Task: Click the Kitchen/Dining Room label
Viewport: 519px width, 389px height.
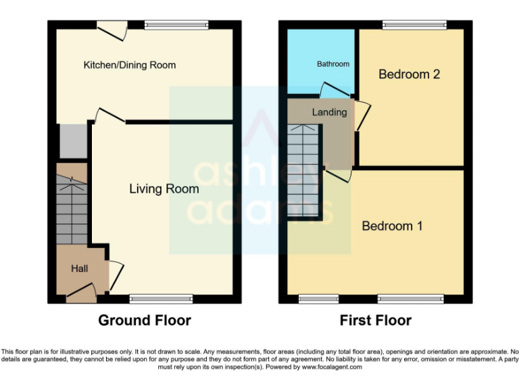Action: tap(129, 66)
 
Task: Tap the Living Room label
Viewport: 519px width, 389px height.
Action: tap(164, 189)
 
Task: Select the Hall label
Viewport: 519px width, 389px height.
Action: tap(80, 269)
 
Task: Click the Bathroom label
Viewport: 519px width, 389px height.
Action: tap(333, 64)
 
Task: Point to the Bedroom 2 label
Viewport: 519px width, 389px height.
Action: tap(409, 74)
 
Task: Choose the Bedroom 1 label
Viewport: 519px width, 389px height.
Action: tap(392, 226)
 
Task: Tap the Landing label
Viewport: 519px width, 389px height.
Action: tap(329, 112)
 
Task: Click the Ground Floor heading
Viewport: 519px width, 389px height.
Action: tap(145, 320)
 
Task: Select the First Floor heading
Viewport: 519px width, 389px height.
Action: tap(375, 320)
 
